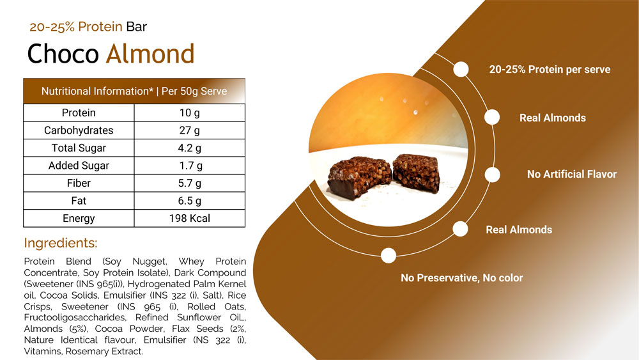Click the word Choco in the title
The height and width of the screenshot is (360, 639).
(63, 54)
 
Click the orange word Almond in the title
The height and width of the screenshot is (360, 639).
(150, 54)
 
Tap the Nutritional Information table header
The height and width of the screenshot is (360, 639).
(134, 91)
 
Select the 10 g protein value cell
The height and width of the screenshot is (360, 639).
(190, 113)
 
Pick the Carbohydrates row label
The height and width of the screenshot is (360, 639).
(79, 130)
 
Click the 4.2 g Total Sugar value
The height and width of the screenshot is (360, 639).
(190, 148)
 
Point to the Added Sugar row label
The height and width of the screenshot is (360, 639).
(79, 166)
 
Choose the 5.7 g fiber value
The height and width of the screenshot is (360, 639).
(190, 184)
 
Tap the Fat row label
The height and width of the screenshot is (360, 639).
(79, 201)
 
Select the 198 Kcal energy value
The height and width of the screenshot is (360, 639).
(190, 219)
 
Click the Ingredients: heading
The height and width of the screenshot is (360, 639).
(61, 243)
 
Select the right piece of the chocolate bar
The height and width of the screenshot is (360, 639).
(417, 173)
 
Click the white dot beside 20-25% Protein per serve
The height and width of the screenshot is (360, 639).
(461, 69)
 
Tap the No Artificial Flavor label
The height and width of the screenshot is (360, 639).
(572, 175)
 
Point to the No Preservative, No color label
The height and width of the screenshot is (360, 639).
(462, 278)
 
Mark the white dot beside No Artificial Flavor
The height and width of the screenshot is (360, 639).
(492, 175)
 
